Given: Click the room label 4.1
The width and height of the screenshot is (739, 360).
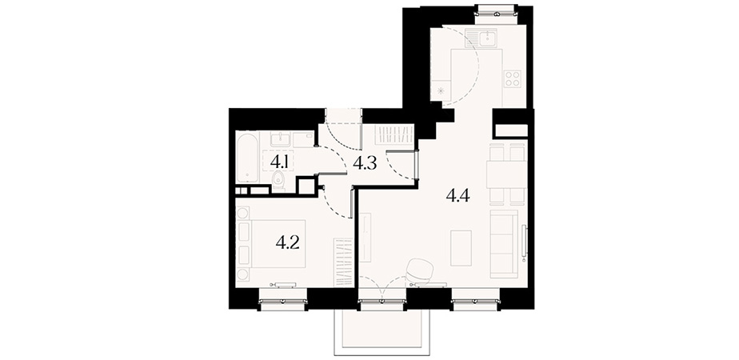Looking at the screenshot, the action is coord(279,163).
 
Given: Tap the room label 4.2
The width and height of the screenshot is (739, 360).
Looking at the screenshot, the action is coord(288,243).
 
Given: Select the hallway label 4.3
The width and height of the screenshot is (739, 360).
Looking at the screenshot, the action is coord(365,163).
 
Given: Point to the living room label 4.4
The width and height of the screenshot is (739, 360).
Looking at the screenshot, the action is coord(457,195).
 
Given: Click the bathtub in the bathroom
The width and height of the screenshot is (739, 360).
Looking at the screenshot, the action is coord(246,158).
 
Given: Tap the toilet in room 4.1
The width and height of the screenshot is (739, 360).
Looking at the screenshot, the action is coord(278,181).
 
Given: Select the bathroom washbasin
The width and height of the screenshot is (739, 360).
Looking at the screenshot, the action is coord(281,139).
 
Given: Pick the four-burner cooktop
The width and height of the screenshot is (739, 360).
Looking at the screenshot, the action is coord(513,78).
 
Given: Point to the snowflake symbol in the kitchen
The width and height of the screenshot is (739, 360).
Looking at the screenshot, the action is coord(441,91).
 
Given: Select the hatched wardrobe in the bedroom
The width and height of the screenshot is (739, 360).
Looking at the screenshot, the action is coord(343,262).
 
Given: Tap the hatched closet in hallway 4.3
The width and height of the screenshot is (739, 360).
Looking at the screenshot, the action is coord(394,134).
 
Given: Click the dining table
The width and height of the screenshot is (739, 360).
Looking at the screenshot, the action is coord(506,174).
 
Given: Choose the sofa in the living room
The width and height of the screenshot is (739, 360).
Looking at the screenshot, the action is coord(505,244).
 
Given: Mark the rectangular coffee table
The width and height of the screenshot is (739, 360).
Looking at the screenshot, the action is coord(461,248).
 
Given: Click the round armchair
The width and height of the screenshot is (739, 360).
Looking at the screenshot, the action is coord(421,271).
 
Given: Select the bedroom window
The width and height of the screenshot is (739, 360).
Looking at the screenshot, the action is coord(282,300).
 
